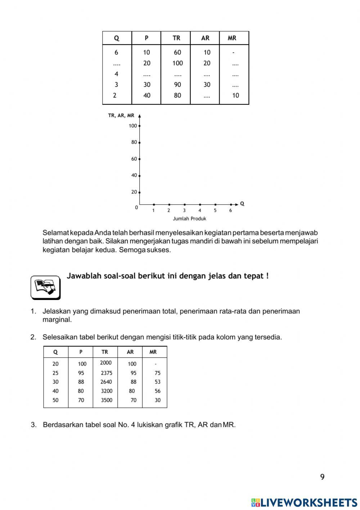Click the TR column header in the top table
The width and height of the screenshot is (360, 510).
pyautogui.click(x=176, y=38)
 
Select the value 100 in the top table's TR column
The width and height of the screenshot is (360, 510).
pyautogui.click(x=177, y=63)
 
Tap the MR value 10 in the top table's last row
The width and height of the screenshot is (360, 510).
pyautogui.click(x=235, y=95)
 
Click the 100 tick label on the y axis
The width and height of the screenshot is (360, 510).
pyautogui.click(x=133, y=126)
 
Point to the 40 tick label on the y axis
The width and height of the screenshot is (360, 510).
pyautogui.click(x=134, y=175)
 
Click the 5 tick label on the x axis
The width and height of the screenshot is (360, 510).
pyautogui.click(x=215, y=210)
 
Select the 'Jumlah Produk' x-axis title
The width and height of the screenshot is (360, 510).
pyautogui.click(x=189, y=219)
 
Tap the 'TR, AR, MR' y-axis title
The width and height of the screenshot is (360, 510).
pyautogui.click(x=121, y=116)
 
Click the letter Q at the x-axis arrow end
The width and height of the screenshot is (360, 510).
pyautogui.click(x=242, y=203)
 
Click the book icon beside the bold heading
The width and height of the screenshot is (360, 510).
pyautogui.click(x=45, y=287)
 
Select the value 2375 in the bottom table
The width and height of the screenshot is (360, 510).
pyautogui.click(x=107, y=373)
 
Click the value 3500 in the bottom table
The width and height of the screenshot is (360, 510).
pyautogui.click(x=107, y=400)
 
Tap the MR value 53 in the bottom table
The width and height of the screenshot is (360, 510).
pyautogui.click(x=158, y=382)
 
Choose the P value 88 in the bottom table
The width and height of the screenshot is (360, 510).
pyautogui.click(x=81, y=382)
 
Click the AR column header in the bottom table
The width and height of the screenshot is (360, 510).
pyautogui.click(x=130, y=352)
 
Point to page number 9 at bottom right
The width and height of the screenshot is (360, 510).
pyautogui.click(x=322, y=477)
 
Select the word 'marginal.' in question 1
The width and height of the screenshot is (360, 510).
pyautogui.click(x=57, y=320)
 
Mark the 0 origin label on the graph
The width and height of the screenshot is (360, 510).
pyautogui.click(x=136, y=208)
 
